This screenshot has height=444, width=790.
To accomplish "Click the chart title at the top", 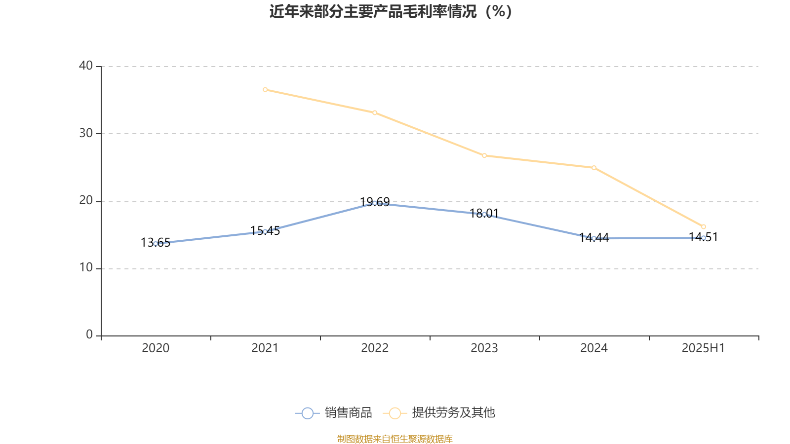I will tap(391, 11).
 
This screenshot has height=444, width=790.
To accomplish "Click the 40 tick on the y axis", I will tap(86, 66).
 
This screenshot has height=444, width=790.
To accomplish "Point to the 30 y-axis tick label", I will tap(86, 133).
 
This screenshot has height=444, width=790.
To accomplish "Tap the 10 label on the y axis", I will tap(86, 268).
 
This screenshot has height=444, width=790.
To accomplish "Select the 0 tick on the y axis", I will tap(89, 335).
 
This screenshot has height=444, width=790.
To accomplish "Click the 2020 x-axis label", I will tap(156, 348).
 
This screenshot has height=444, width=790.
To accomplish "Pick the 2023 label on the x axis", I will tap(484, 348).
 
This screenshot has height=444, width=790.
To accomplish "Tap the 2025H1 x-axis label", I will tap(703, 348).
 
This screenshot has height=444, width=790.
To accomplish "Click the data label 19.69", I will tap(375, 202).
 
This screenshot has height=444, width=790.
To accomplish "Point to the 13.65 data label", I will tap(156, 243).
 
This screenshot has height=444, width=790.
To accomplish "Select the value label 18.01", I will tap(484, 213).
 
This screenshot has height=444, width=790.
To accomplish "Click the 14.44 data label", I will tap(594, 237).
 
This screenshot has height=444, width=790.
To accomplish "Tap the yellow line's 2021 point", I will tap(265, 90).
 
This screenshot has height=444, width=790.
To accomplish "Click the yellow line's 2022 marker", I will tap(375, 113).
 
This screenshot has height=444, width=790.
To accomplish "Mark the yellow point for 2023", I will tap(484, 156).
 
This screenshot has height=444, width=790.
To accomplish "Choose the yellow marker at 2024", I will tap(594, 168).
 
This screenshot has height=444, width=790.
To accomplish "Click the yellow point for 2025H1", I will tap(704, 227).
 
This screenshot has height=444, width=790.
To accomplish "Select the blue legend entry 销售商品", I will tap(334, 413).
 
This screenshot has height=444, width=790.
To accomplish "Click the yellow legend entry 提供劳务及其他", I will tap(439, 413).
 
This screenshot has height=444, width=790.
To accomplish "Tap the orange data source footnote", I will tap(395, 439).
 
